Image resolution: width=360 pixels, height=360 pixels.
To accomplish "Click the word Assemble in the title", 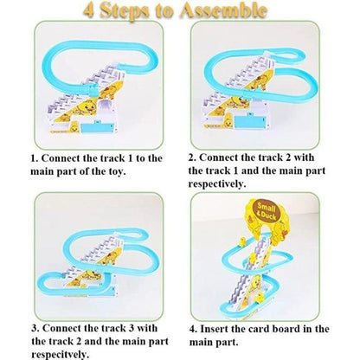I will pyautogui.click(x=225, y=12).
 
